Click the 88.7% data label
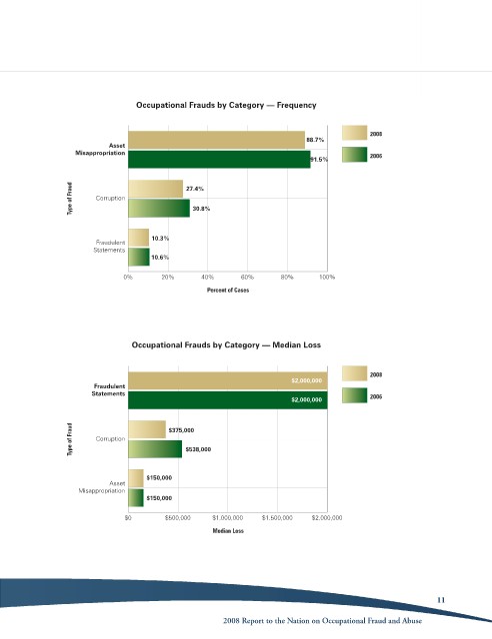pos(315,140)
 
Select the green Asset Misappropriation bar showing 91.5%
pos(219,159)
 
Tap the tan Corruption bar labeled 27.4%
pos(156,189)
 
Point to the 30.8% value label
pos(201,209)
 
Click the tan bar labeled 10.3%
pos(138,238)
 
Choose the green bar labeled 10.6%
pos(139,258)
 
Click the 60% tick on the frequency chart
pos(247,278)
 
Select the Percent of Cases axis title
pos(228,291)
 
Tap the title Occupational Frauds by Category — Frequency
pos(226,105)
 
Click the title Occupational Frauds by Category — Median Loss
pos(226,345)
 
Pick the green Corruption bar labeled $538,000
pos(155,449)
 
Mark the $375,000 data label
pos(181,430)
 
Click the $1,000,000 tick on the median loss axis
pos(228,518)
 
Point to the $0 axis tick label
pos(128,518)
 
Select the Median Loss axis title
pos(228,531)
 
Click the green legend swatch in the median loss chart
pos(354,395)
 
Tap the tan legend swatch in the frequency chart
pos(354,133)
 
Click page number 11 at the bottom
pos(441,600)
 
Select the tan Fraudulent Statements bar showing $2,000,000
pos(228,380)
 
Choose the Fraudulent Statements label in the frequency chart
pos(109,247)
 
